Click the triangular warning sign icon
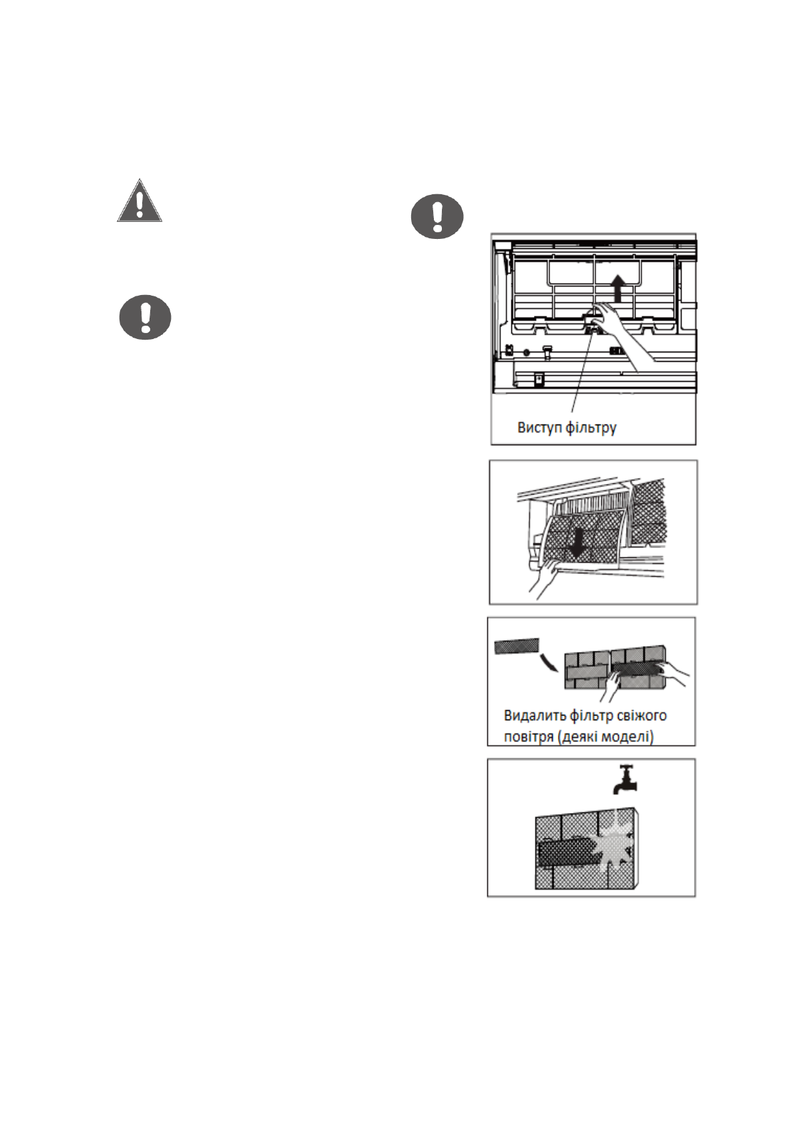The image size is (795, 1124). (139, 201)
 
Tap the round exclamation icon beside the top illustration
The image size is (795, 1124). (437, 216)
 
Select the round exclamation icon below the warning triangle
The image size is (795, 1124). (145, 317)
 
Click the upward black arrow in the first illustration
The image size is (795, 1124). (619, 289)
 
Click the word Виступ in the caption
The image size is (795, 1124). (539, 427)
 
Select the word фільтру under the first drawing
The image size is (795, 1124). (591, 427)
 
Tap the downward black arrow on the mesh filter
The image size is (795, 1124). (578, 543)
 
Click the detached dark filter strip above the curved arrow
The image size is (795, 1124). (516, 645)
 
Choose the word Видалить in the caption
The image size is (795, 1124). (534, 716)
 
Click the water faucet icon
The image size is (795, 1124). (624, 779)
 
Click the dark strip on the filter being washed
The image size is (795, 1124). (564, 853)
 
